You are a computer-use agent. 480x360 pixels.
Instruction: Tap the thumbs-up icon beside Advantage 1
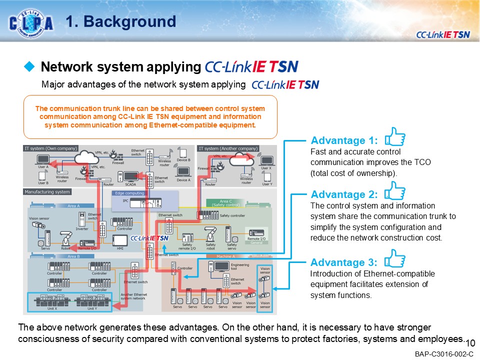(x=395, y=136)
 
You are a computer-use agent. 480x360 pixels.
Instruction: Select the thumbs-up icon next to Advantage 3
(x=395, y=258)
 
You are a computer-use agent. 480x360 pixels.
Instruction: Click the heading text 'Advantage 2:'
(x=344, y=194)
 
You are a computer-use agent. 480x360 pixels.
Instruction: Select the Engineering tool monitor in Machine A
(x=222, y=266)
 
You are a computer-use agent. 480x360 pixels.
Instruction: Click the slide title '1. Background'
(x=121, y=21)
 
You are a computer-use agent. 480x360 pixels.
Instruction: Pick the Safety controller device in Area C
(x=207, y=215)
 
